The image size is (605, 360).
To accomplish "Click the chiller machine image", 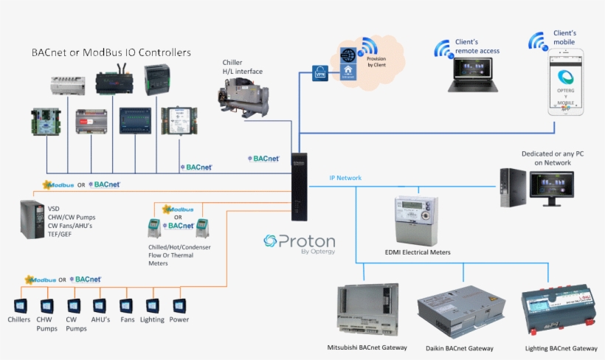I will [x=243, y=99].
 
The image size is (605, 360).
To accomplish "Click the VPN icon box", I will [x=320, y=74].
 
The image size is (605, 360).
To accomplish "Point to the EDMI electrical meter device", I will [x=412, y=219].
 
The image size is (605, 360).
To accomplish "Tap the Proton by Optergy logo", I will [x=300, y=244].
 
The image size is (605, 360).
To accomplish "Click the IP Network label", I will [x=345, y=179].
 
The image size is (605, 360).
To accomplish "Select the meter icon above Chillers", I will [x=20, y=305].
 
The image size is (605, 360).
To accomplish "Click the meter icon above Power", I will [x=179, y=305].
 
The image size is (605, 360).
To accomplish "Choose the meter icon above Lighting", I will [x=153, y=305].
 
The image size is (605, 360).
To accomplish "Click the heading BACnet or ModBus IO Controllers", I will [x=111, y=53].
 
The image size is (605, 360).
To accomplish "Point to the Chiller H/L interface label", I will [x=242, y=67].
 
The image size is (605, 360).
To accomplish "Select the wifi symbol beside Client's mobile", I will [x=538, y=41].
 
